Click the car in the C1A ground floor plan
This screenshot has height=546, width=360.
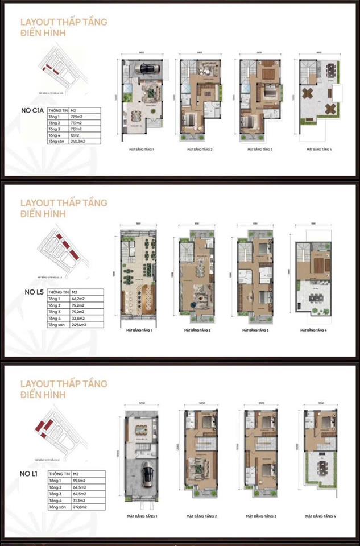coord(147,69)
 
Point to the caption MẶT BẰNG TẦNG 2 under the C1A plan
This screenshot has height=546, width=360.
coord(201,150)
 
